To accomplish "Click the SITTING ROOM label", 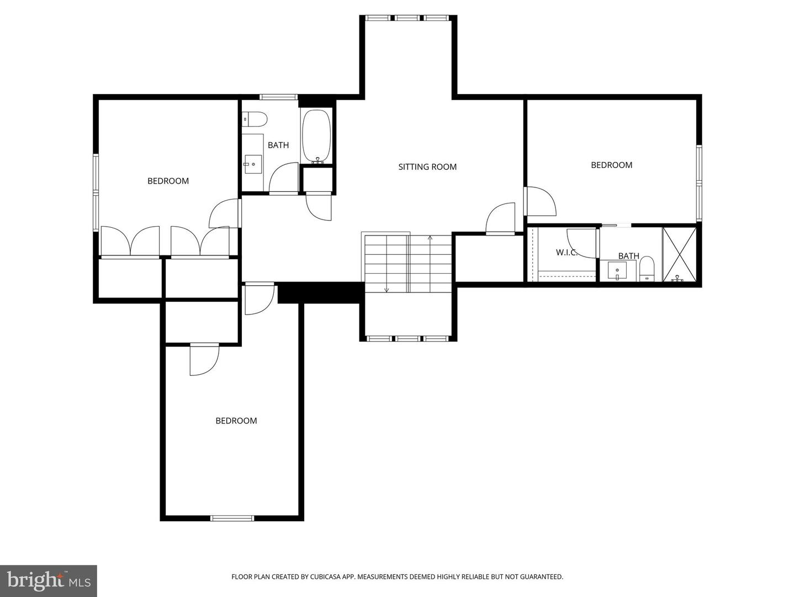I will tap(427, 167).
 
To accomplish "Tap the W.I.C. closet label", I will tap(566, 253).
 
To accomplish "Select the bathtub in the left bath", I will tap(316, 137).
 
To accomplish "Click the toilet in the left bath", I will tap(255, 119).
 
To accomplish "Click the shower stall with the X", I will tap(679, 255).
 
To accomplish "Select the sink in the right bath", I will tap(617, 271).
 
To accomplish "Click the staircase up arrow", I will tap(430, 239).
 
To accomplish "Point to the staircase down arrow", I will tap(386, 289).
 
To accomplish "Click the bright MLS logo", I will tap(49, 580).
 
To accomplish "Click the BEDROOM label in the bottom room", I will tap(236, 421).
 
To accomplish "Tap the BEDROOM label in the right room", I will tap(611, 165).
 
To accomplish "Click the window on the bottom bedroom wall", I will tap(232, 518).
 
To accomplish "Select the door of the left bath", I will tap(283, 178).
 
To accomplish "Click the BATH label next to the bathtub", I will tap(278, 145).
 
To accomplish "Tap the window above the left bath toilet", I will tap(279, 97).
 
